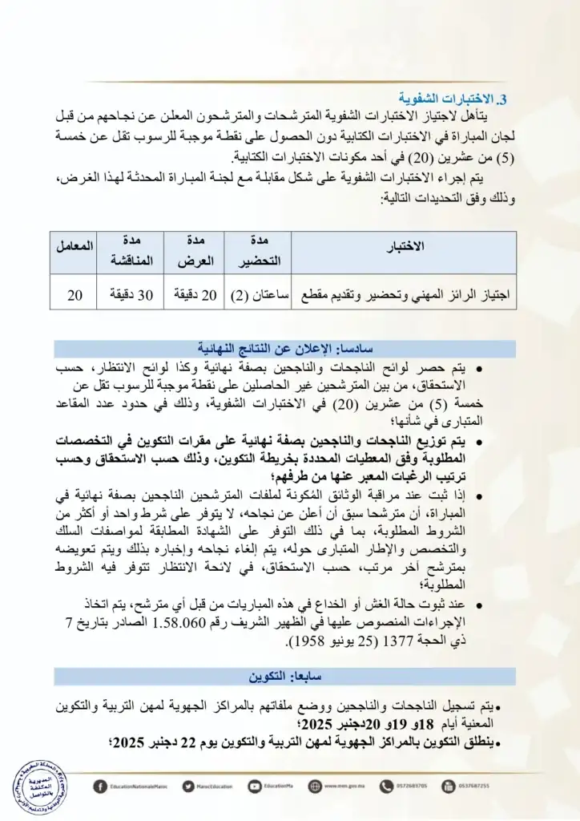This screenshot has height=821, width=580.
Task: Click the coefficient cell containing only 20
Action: [x=75, y=295]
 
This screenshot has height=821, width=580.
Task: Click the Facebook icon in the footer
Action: [x=99, y=787]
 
